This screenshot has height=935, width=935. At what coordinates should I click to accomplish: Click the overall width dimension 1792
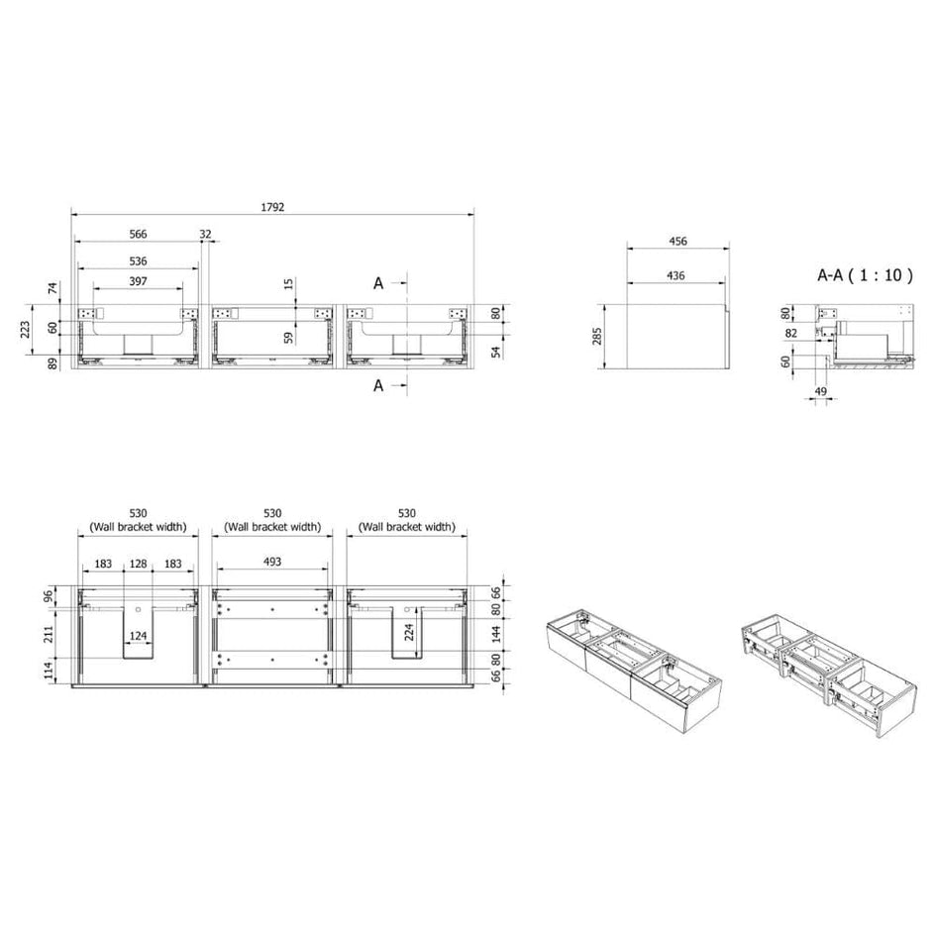click(x=272, y=207)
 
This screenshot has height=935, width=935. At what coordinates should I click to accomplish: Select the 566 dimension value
click(x=138, y=234)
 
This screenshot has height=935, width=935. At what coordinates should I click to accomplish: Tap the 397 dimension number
click(x=138, y=281)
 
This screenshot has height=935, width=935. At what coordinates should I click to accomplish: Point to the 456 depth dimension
click(x=678, y=241)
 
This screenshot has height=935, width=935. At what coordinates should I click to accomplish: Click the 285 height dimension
click(x=597, y=336)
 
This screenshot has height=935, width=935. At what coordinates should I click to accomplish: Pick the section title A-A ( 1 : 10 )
click(x=865, y=275)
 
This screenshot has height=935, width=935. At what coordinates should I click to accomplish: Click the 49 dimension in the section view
click(x=820, y=391)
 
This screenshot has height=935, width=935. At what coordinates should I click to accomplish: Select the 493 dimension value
click(x=272, y=562)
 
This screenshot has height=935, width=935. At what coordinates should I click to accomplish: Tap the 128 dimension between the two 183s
click(x=138, y=564)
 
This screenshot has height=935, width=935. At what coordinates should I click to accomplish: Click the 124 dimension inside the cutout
click(x=138, y=636)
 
